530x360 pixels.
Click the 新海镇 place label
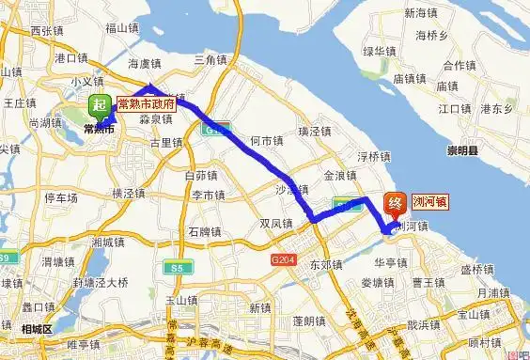pos(420,13)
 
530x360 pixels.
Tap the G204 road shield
pos(279,258)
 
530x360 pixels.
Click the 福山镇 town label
pos(122,28)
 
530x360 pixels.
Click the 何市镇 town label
pos(265,141)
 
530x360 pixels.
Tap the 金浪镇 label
pos(340,176)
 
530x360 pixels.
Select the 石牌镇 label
pos(204,231)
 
